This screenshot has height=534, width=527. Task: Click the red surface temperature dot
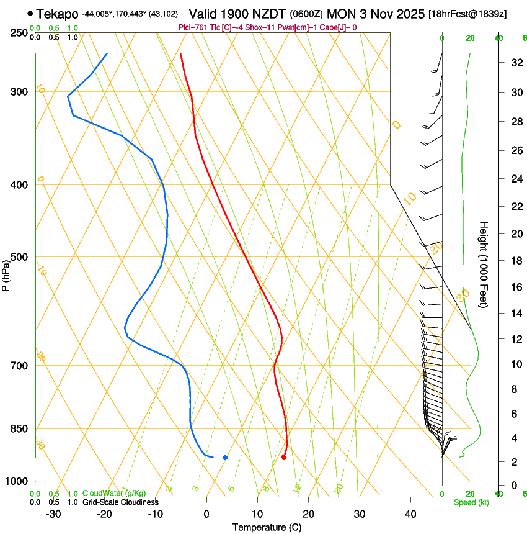[284, 458]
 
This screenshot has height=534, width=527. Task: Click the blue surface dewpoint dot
[225, 458]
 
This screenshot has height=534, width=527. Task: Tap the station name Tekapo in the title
[58, 14]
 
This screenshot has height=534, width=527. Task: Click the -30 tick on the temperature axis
[53, 514]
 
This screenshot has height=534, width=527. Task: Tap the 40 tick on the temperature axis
[410, 514]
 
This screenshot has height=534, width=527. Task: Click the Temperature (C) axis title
[267, 527]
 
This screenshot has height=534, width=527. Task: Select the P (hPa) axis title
[6, 273]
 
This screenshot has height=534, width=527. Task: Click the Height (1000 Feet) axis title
[484, 264]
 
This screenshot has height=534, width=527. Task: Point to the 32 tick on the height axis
[515, 63]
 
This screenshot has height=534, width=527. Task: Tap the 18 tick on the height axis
[515, 261]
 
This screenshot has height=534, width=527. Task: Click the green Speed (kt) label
[471, 502]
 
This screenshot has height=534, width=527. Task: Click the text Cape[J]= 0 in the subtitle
[339, 27]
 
